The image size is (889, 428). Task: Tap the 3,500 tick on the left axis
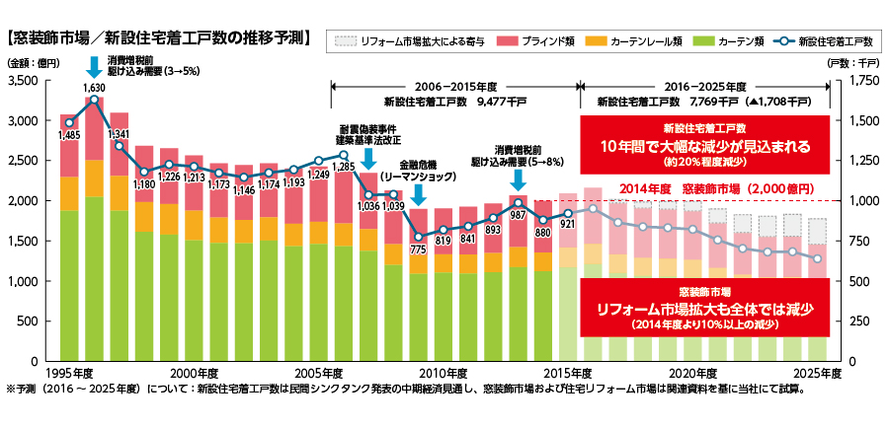(x=23, y=81)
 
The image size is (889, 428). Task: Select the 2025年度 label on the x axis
(x=817, y=373)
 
